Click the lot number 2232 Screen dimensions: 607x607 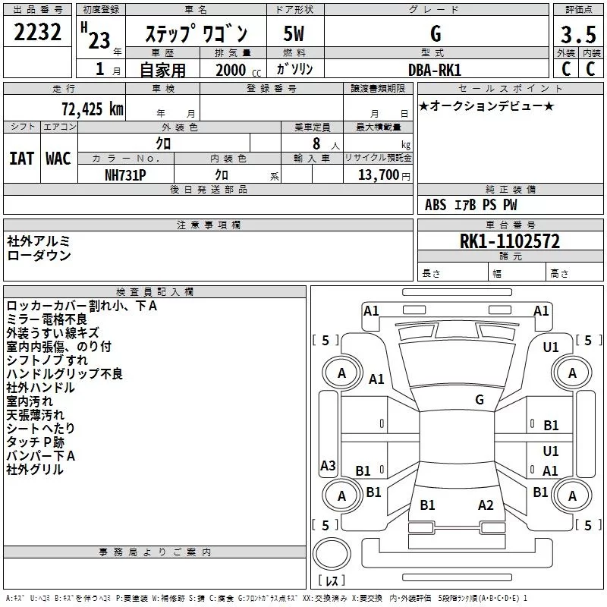tap(37, 32)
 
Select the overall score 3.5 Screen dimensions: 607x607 tap(578, 34)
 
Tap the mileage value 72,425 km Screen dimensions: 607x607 tap(93, 109)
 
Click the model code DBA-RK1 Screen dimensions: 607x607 tap(435, 70)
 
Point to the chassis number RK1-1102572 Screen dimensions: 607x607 tap(509, 241)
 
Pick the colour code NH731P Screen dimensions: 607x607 tap(125, 175)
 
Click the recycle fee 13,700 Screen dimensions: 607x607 tap(378, 175)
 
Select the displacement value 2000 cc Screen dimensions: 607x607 tap(238, 70)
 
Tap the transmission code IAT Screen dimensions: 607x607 tap(22, 159)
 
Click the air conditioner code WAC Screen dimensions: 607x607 tap(58, 159)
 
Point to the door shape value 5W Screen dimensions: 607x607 tap(294, 33)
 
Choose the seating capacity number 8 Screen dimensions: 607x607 tap(316, 143)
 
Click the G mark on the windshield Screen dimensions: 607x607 tap(480, 400)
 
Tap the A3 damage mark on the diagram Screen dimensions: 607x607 tap(328, 465)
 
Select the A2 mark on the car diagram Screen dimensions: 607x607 tap(486, 505)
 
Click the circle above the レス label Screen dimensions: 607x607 tap(332, 553)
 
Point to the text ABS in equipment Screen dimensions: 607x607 tap(436, 205)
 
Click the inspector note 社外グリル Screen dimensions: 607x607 tap(35, 470)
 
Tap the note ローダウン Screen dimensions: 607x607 tap(39, 256)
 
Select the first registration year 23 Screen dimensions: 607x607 tap(99, 40)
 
